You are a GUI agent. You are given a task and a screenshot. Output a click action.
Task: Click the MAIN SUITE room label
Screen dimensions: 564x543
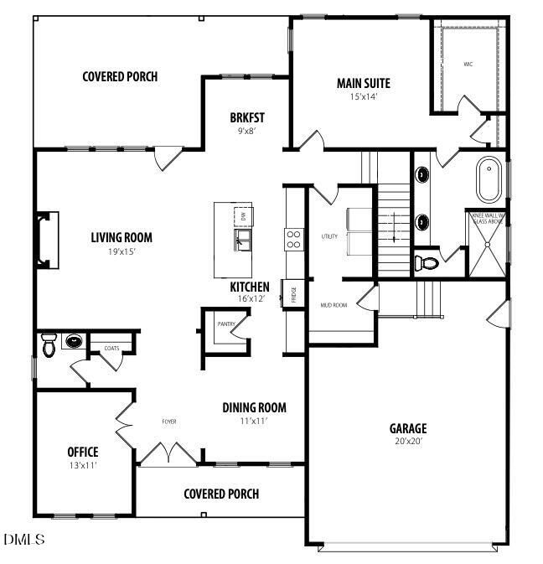363,83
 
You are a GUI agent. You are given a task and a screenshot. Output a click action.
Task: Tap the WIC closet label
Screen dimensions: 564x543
468,65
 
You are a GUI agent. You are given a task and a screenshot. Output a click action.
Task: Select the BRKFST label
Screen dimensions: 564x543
247,117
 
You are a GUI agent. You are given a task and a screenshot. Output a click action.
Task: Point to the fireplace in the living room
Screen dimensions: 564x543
46,240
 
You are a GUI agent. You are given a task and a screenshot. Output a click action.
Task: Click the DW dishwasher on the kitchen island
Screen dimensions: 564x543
244,215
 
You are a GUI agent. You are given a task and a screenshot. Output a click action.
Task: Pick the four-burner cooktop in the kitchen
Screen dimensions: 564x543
294,240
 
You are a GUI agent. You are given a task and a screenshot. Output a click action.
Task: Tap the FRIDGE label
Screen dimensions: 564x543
294,294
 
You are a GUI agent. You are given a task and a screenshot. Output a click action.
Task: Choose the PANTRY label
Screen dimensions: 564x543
225,323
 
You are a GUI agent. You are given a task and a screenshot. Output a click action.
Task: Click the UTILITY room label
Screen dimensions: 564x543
329,236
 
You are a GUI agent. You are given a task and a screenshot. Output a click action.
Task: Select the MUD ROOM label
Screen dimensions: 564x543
334,305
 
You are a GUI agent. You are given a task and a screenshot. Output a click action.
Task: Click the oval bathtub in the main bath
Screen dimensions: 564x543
487,179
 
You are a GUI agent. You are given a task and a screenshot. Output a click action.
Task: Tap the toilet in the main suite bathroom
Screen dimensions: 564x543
428,262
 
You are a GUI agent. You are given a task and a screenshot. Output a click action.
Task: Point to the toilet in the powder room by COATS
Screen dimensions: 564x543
49,344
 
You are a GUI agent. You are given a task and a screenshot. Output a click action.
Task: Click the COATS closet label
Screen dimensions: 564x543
111,348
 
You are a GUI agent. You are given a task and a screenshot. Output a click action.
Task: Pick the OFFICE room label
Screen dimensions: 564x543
83,452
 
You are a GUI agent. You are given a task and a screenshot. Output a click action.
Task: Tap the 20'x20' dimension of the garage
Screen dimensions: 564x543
407,441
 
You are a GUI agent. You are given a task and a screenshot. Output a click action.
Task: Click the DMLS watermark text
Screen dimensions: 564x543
23,539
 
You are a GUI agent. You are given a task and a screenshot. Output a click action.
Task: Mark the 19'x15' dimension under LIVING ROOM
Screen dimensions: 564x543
122,251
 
